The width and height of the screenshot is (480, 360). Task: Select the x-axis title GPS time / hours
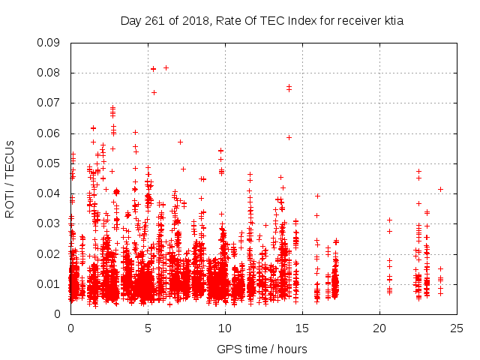coord(262,349)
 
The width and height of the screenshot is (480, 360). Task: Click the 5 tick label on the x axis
coord(148,328)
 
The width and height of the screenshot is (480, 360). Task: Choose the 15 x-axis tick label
coord(302,328)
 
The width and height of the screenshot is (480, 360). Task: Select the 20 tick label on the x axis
coord(379,328)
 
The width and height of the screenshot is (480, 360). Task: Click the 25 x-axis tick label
coord(457,328)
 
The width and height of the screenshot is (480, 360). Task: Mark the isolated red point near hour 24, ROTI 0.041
coord(440,189)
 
